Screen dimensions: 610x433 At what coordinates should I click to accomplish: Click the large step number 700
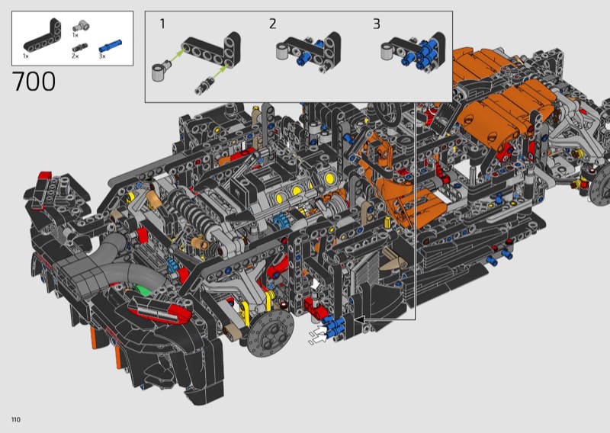tap(34, 82)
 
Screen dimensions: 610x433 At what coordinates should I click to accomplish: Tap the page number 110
tap(16, 419)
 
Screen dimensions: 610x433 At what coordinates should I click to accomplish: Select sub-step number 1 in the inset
tap(162, 24)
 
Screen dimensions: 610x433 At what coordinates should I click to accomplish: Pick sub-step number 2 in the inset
tap(272, 24)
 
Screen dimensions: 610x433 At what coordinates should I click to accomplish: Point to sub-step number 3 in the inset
tap(376, 24)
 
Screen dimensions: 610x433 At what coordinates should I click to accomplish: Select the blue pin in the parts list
tap(110, 46)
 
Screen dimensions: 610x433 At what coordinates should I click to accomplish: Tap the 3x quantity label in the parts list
tap(102, 56)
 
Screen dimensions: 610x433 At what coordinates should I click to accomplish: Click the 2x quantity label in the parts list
tap(75, 56)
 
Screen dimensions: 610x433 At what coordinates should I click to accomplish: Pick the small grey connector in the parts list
tap(81, 27)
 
